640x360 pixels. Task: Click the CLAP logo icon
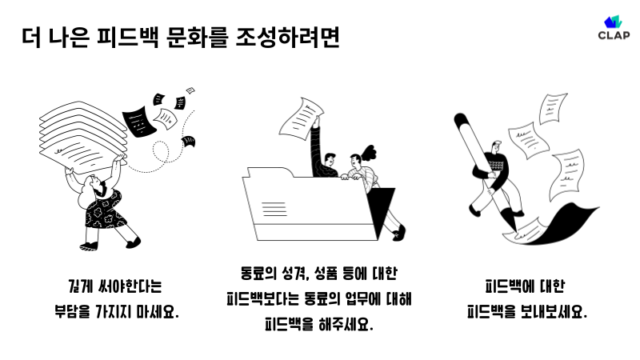(x=613, y=22)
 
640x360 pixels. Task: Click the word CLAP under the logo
(x=614, y=35)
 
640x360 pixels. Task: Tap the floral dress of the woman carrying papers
(x=104, y=210)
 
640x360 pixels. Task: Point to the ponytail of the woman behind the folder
(x=369, y=151)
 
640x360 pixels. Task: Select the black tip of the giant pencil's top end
(x=461, y=120)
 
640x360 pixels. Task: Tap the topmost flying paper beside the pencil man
(x=552, y=108)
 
